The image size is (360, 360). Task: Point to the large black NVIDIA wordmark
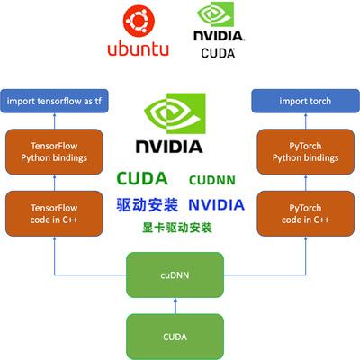tap(168, 146)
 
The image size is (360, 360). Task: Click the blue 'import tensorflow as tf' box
tap(56, 100)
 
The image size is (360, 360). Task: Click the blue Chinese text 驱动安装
tap(147, 204)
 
